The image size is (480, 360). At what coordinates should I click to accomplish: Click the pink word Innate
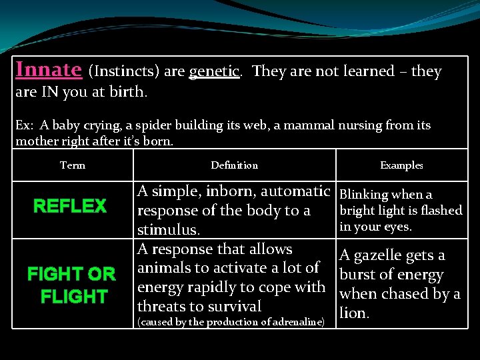tap(49, 69)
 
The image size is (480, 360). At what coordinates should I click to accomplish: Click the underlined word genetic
tap(214, 72)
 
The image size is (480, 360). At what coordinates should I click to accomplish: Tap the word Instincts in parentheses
tap(124, 71)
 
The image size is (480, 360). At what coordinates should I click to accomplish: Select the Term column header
tap(73, 165)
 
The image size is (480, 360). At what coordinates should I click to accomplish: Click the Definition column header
tap(235, 165)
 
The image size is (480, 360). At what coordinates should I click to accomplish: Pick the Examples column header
tap(401, 165)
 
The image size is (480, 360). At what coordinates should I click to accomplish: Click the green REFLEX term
tap(70, 206)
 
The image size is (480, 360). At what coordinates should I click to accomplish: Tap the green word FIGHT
tap(55, 274)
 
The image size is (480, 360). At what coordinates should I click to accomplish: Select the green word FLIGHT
tap(74, 296)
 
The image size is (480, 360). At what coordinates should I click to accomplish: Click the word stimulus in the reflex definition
tap(169, 230)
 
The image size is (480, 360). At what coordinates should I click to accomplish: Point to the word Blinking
tap(364, 195)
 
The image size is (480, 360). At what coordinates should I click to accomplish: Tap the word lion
tap(354, 313)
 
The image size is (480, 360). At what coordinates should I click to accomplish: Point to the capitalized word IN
tap(49, 91)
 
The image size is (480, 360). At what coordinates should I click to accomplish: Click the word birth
tap(128, 91)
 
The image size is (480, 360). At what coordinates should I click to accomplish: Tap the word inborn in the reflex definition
tap(231, 191)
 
